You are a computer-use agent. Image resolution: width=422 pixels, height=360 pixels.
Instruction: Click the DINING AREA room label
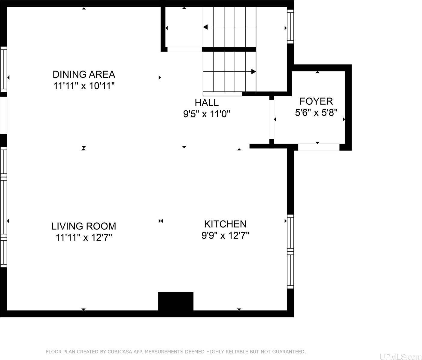[x=84, y=74]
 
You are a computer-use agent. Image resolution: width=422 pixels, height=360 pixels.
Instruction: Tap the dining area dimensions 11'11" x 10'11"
[x=84, y=86]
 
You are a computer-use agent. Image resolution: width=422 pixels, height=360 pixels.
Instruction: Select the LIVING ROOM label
[x=83, y=226]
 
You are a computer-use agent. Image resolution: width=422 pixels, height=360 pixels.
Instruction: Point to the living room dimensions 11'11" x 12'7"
[x=83, y=238]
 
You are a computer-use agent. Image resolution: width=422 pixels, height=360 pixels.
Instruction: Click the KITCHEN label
[x=225, y=224]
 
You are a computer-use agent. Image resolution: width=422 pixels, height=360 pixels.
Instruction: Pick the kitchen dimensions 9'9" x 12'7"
[x=225, y=235]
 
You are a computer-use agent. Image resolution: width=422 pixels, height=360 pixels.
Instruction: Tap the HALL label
[x=207, y=103]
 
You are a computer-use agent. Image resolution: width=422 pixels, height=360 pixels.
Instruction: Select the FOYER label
[x=316, y=101]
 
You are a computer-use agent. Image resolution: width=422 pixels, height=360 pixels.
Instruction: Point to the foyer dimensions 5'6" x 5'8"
[x=316, y=113]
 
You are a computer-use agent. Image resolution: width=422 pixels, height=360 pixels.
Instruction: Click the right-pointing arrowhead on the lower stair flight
[x=254, y=72]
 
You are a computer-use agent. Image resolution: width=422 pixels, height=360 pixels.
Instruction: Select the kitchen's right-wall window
[x=290, y=251]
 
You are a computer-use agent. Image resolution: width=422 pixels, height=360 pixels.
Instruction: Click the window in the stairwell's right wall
[x=290, y=26]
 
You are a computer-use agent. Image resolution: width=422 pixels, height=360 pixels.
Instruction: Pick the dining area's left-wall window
[x=3, y=70]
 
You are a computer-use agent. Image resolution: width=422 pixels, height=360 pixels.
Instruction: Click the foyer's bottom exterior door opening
[x=319, y=147]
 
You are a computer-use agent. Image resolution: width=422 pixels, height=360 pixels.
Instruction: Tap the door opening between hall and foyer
[x=272, y=119]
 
